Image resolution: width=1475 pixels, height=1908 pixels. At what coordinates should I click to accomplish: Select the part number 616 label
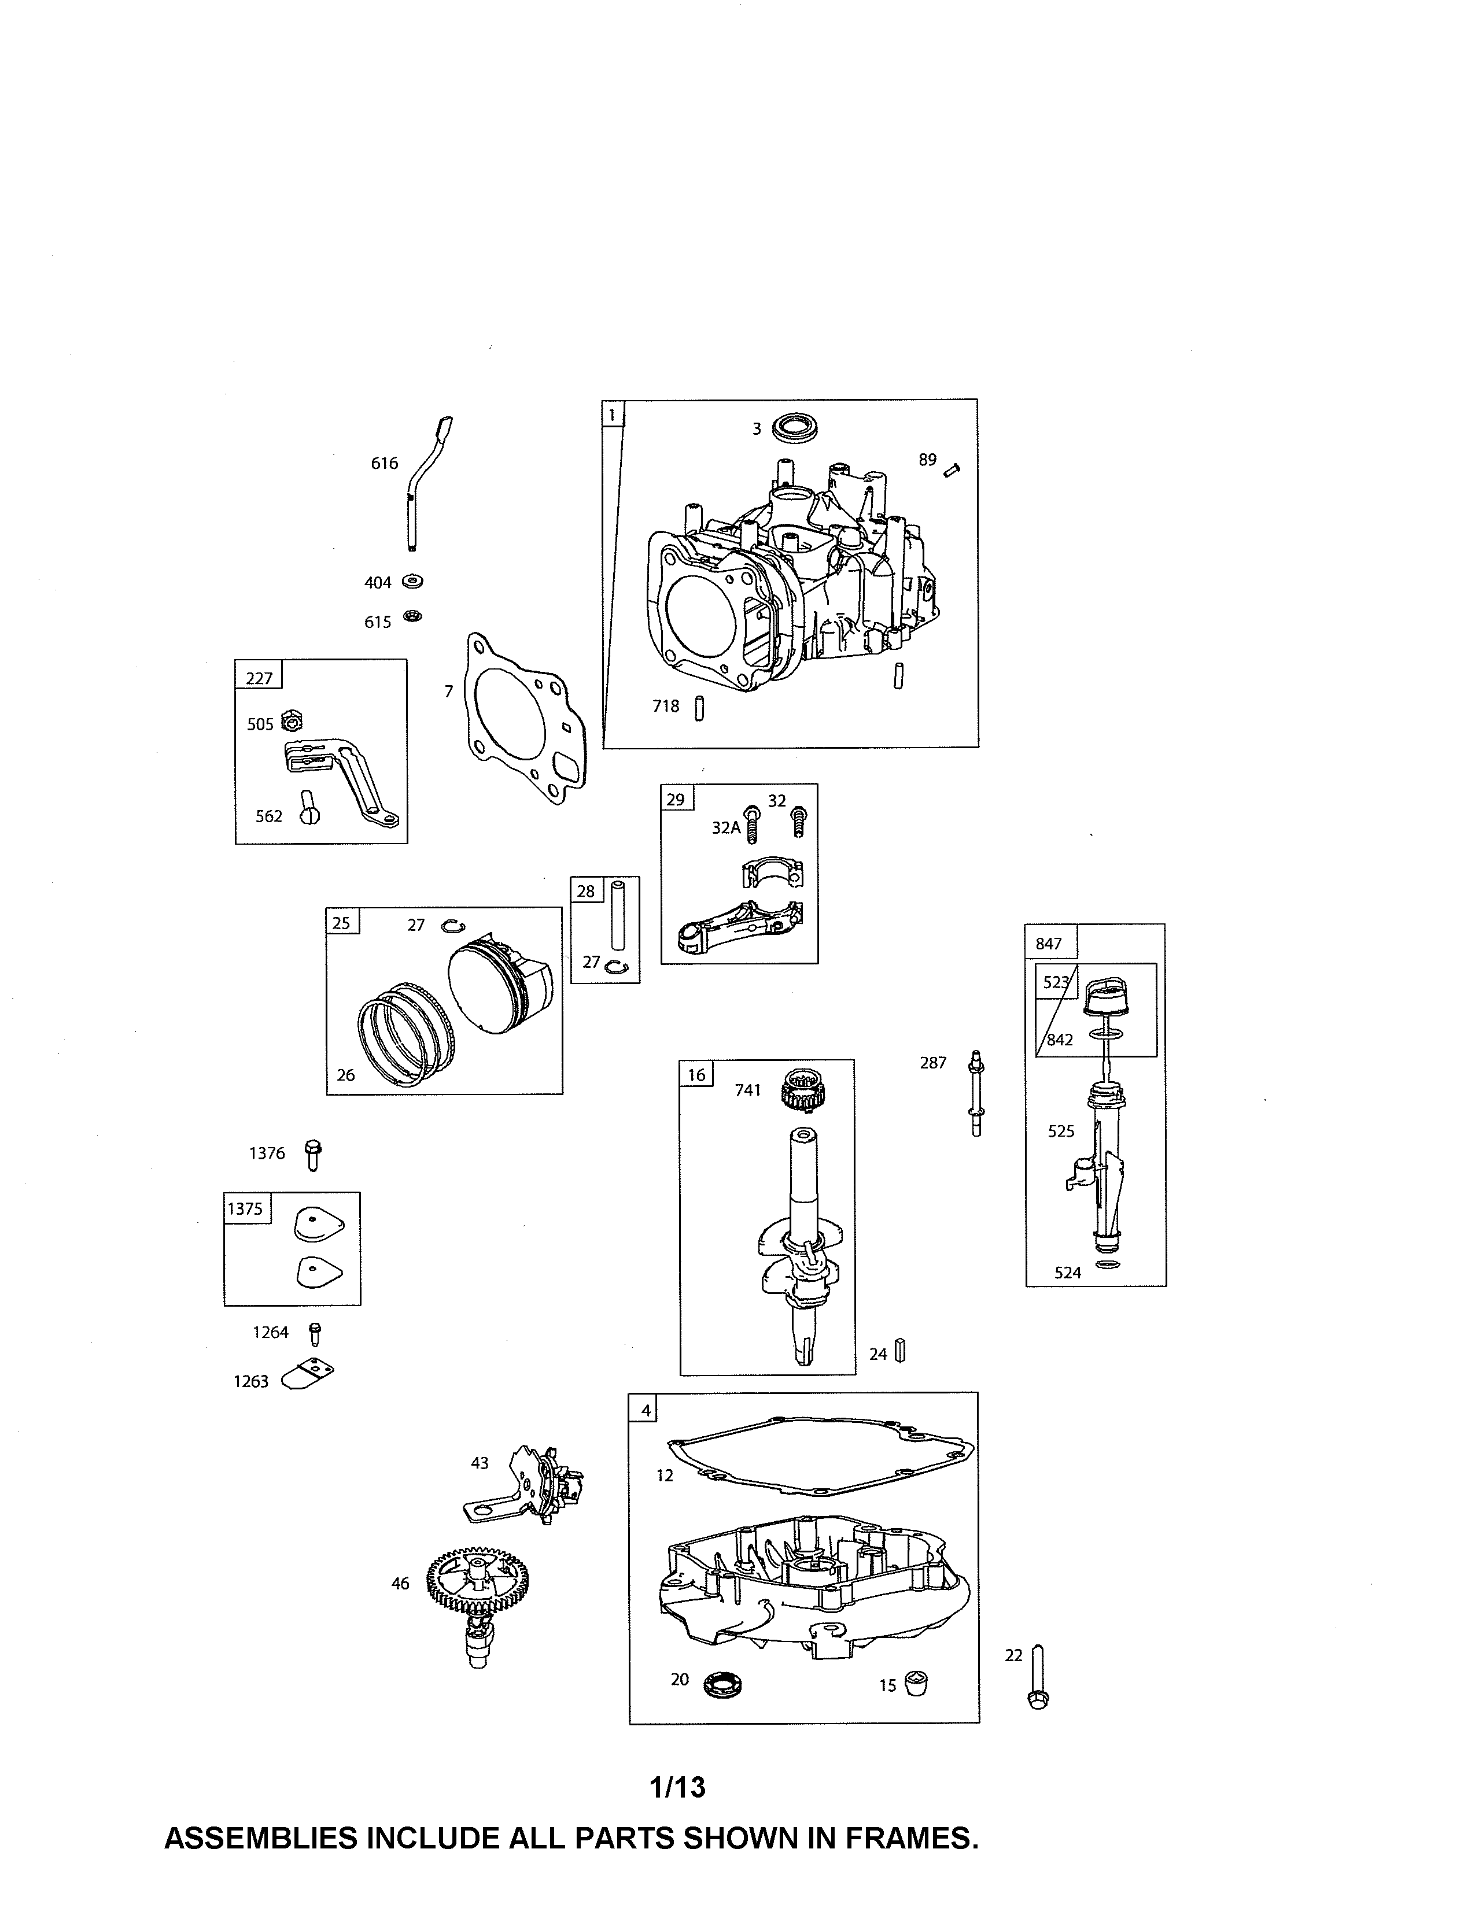coord(385,463)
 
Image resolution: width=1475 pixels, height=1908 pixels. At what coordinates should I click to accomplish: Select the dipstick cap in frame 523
coord(1104,998)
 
